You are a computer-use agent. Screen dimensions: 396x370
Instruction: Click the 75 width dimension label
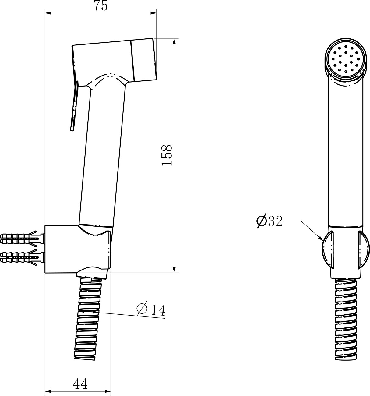click(101, 6)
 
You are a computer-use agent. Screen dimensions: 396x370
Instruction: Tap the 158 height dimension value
click(167, 155)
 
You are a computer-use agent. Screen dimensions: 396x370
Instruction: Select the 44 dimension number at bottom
click(80, 384)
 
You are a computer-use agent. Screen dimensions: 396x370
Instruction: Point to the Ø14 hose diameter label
click(151, 310)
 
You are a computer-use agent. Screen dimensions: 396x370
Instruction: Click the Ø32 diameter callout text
click(269, 221)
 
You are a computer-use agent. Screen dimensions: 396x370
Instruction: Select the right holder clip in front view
click(363, 250)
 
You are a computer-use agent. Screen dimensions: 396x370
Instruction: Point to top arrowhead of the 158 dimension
click(174, 41)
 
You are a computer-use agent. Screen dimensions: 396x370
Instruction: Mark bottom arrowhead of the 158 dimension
click(174, 269)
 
